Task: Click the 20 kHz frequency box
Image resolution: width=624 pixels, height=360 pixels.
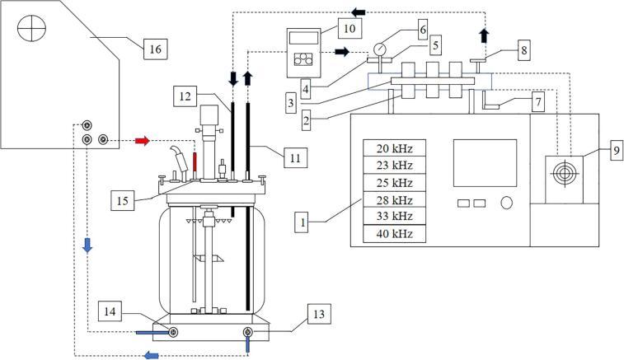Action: click(x=394, y=147)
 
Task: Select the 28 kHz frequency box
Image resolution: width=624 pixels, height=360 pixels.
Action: click(x=394, y=199)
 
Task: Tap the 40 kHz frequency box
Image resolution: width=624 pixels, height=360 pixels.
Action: click(x=394, y=234)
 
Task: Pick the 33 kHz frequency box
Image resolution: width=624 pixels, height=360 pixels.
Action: click(x=394, y=216)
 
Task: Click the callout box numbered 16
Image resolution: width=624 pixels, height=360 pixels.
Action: click(x=155, y=49)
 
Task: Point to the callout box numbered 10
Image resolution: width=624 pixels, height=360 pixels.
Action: click(x=350, y=28)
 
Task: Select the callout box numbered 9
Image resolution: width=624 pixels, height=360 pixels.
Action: click(x=617, y=150)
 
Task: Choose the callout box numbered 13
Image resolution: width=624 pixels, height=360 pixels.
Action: click(x=319, y=314)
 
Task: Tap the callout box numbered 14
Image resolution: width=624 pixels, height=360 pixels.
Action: click(x=110, y=311)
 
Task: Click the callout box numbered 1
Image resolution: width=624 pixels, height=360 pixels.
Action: click(x=303, y=222)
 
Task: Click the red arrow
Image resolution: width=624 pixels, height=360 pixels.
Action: click(x=143, y=140)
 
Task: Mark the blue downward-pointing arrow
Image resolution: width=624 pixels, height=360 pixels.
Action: click(x=87, y=245)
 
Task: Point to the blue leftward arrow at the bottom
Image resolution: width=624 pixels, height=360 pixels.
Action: click(x=151, y=355)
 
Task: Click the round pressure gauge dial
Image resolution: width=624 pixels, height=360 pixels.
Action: click(x=380, y=49)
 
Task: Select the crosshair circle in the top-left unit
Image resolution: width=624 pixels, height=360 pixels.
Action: click(x=31, y=28)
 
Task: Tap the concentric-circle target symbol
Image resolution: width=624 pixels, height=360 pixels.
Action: click(x=564, y=173)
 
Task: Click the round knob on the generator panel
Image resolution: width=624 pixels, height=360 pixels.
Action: click(x=506, y=203)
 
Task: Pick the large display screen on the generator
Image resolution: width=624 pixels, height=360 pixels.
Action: click(x=486, y=163)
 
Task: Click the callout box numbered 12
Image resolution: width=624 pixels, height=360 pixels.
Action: click(x=185, y=96)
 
